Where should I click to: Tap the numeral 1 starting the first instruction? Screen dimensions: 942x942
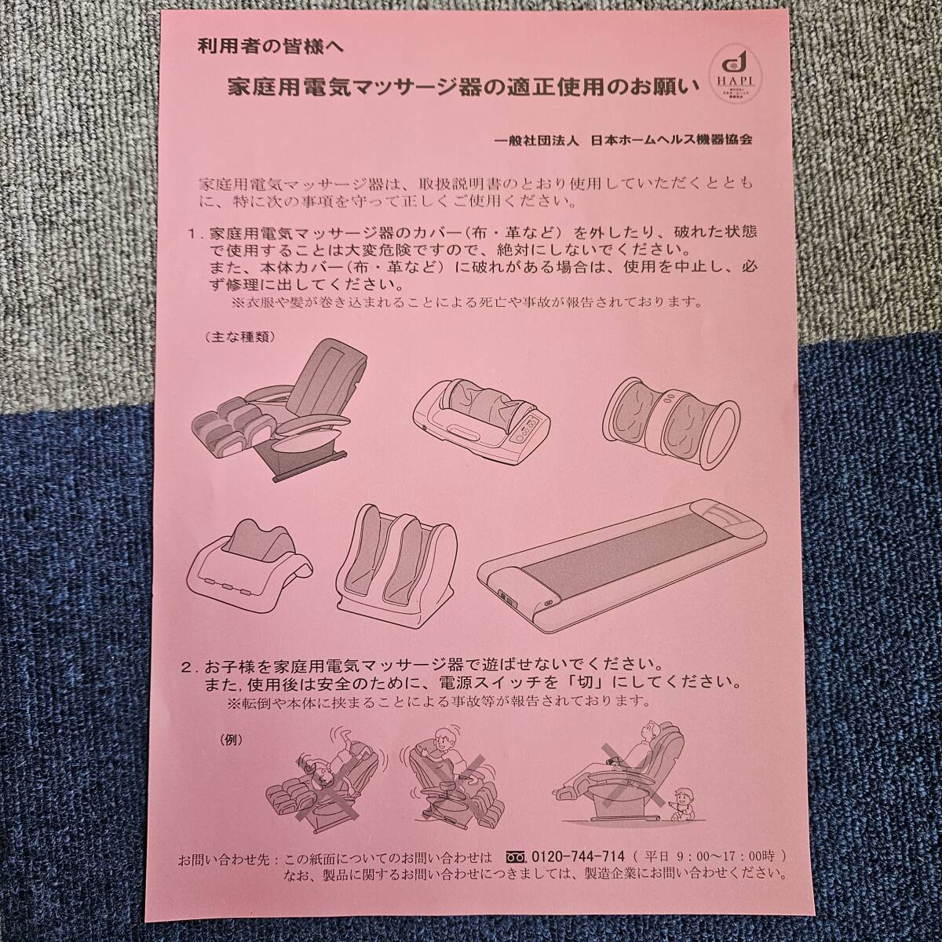(192, 234)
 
